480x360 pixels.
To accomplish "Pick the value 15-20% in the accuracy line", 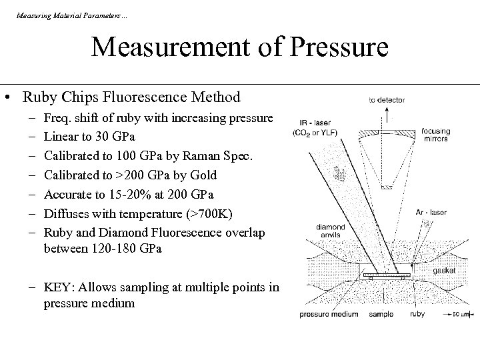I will (x=123, y=195).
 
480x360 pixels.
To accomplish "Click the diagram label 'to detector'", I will (x=386, y=100).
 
